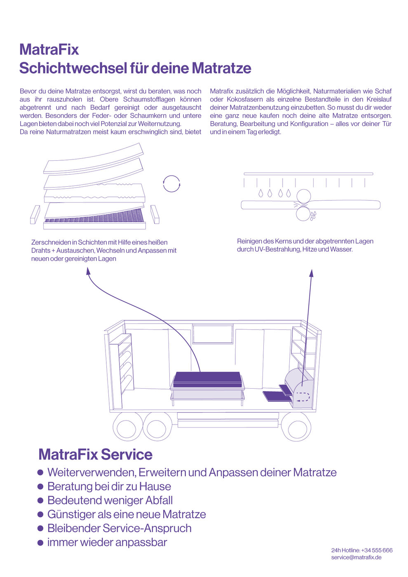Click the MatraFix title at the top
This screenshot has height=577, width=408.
(x=49, y=50)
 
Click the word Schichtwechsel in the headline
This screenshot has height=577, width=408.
(x=72, y=68)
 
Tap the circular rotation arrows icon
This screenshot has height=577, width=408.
(x=171, y=183)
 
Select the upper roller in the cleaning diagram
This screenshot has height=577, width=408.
(x=304, y=196)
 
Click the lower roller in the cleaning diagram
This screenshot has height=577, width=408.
(x=303, y=213)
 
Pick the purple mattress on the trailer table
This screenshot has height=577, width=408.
(x=206, y=378)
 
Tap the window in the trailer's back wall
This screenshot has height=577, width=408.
(x=213, y=334)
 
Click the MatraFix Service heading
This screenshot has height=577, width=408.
(x=95, y=455)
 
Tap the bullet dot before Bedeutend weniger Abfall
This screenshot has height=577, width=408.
(x=40, y=500)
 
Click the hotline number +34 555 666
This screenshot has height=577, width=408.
(x=377, y=550)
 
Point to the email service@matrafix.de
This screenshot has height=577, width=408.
(x=356, y=557)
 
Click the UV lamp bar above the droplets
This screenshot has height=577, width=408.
(x=308, y=174)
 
